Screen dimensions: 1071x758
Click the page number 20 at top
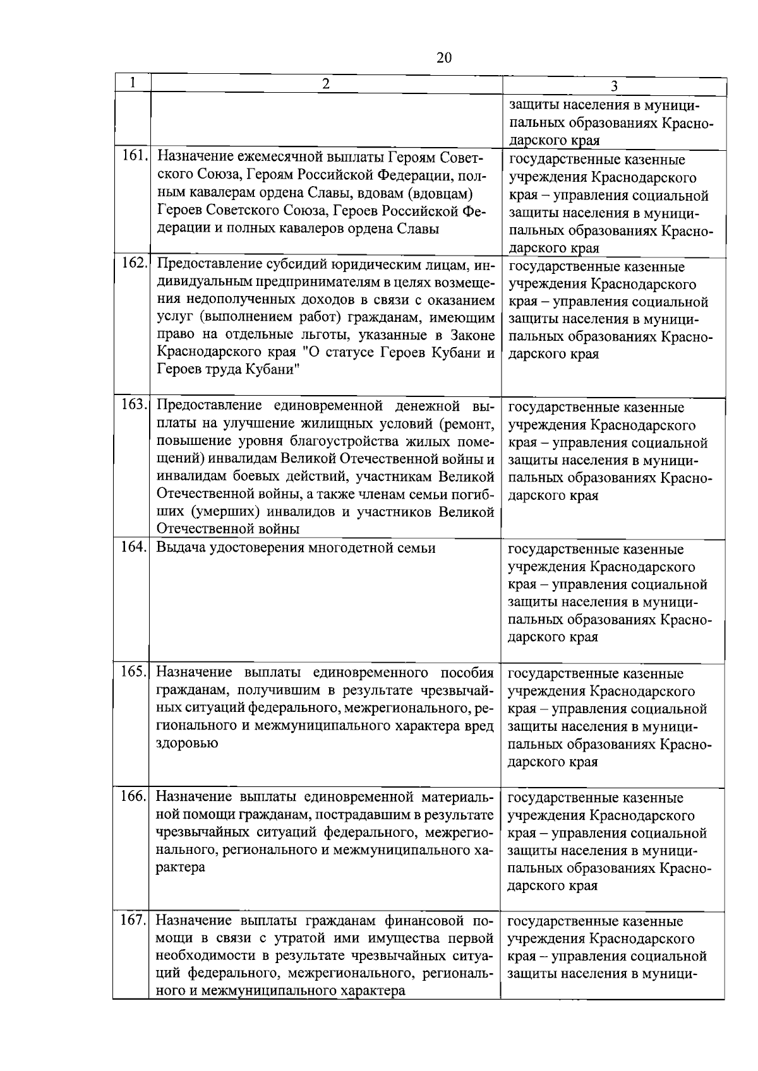tap(444, 58)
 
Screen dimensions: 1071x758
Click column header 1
tap(132, 83)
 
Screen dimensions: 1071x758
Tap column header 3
tap(614, 87)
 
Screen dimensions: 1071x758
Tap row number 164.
tap(134, 548)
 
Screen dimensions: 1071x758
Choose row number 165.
tap(134, 671)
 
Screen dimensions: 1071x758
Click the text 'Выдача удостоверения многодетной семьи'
tap(296, 548)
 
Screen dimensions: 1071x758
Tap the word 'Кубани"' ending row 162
tap(274, 370)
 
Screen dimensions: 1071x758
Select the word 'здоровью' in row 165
tap(187, 743)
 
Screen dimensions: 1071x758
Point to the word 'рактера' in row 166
tap(181, 867)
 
